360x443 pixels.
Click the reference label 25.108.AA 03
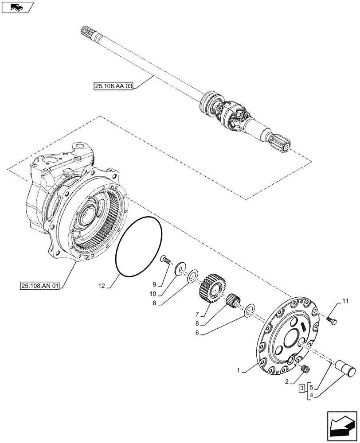click(113, 86)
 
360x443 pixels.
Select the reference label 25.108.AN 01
click(39, 285)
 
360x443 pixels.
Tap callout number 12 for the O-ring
click(101, 287)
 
